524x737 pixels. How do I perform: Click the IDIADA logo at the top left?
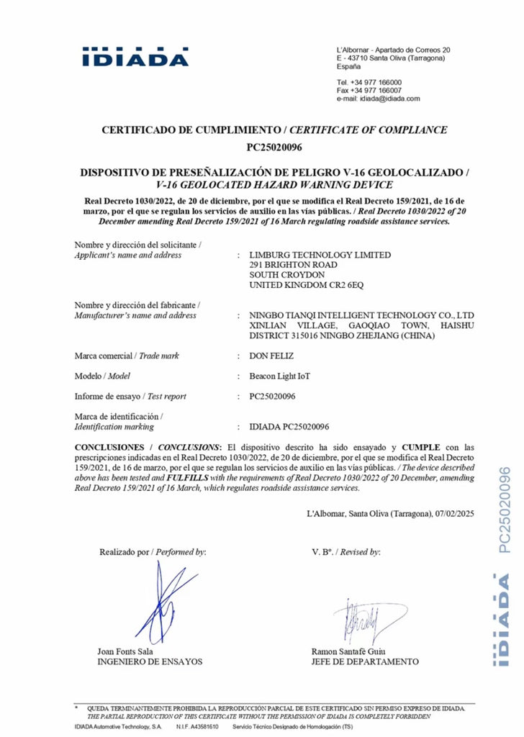[x=135, y=57]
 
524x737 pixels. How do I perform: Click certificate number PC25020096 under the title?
[x=274, y=148]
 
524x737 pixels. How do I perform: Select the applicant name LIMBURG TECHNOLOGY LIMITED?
[x=320, y=255]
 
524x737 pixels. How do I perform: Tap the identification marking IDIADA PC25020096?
[x=289, y=427]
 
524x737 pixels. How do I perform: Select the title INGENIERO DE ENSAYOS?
[x=150, y=661]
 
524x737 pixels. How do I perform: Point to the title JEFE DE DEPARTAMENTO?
[x=365, y=661]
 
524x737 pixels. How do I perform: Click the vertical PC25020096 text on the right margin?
[x=504, y=510]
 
